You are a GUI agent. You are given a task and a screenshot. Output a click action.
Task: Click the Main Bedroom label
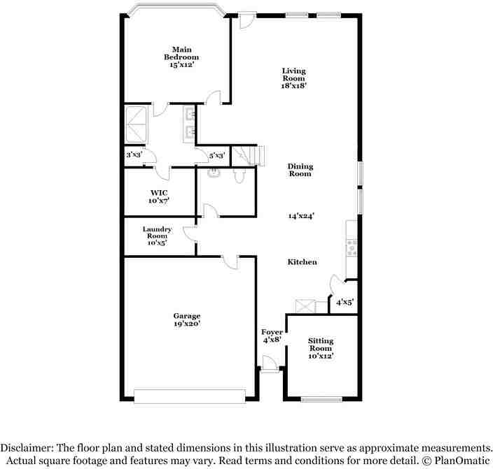pos(181,53)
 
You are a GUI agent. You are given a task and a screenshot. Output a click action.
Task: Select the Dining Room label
pos(300,170)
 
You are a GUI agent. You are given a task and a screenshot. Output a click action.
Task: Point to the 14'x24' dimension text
pos(300,216)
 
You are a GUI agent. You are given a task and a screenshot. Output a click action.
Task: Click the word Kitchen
pos(303,262)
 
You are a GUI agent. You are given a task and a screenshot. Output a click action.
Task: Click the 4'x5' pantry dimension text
pos(345,303)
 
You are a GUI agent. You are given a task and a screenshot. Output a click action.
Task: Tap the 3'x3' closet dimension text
pos(134,155)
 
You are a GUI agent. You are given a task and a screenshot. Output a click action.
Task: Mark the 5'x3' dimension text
pos(216,155)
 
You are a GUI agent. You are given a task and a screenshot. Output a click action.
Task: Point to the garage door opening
pos(189,401)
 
